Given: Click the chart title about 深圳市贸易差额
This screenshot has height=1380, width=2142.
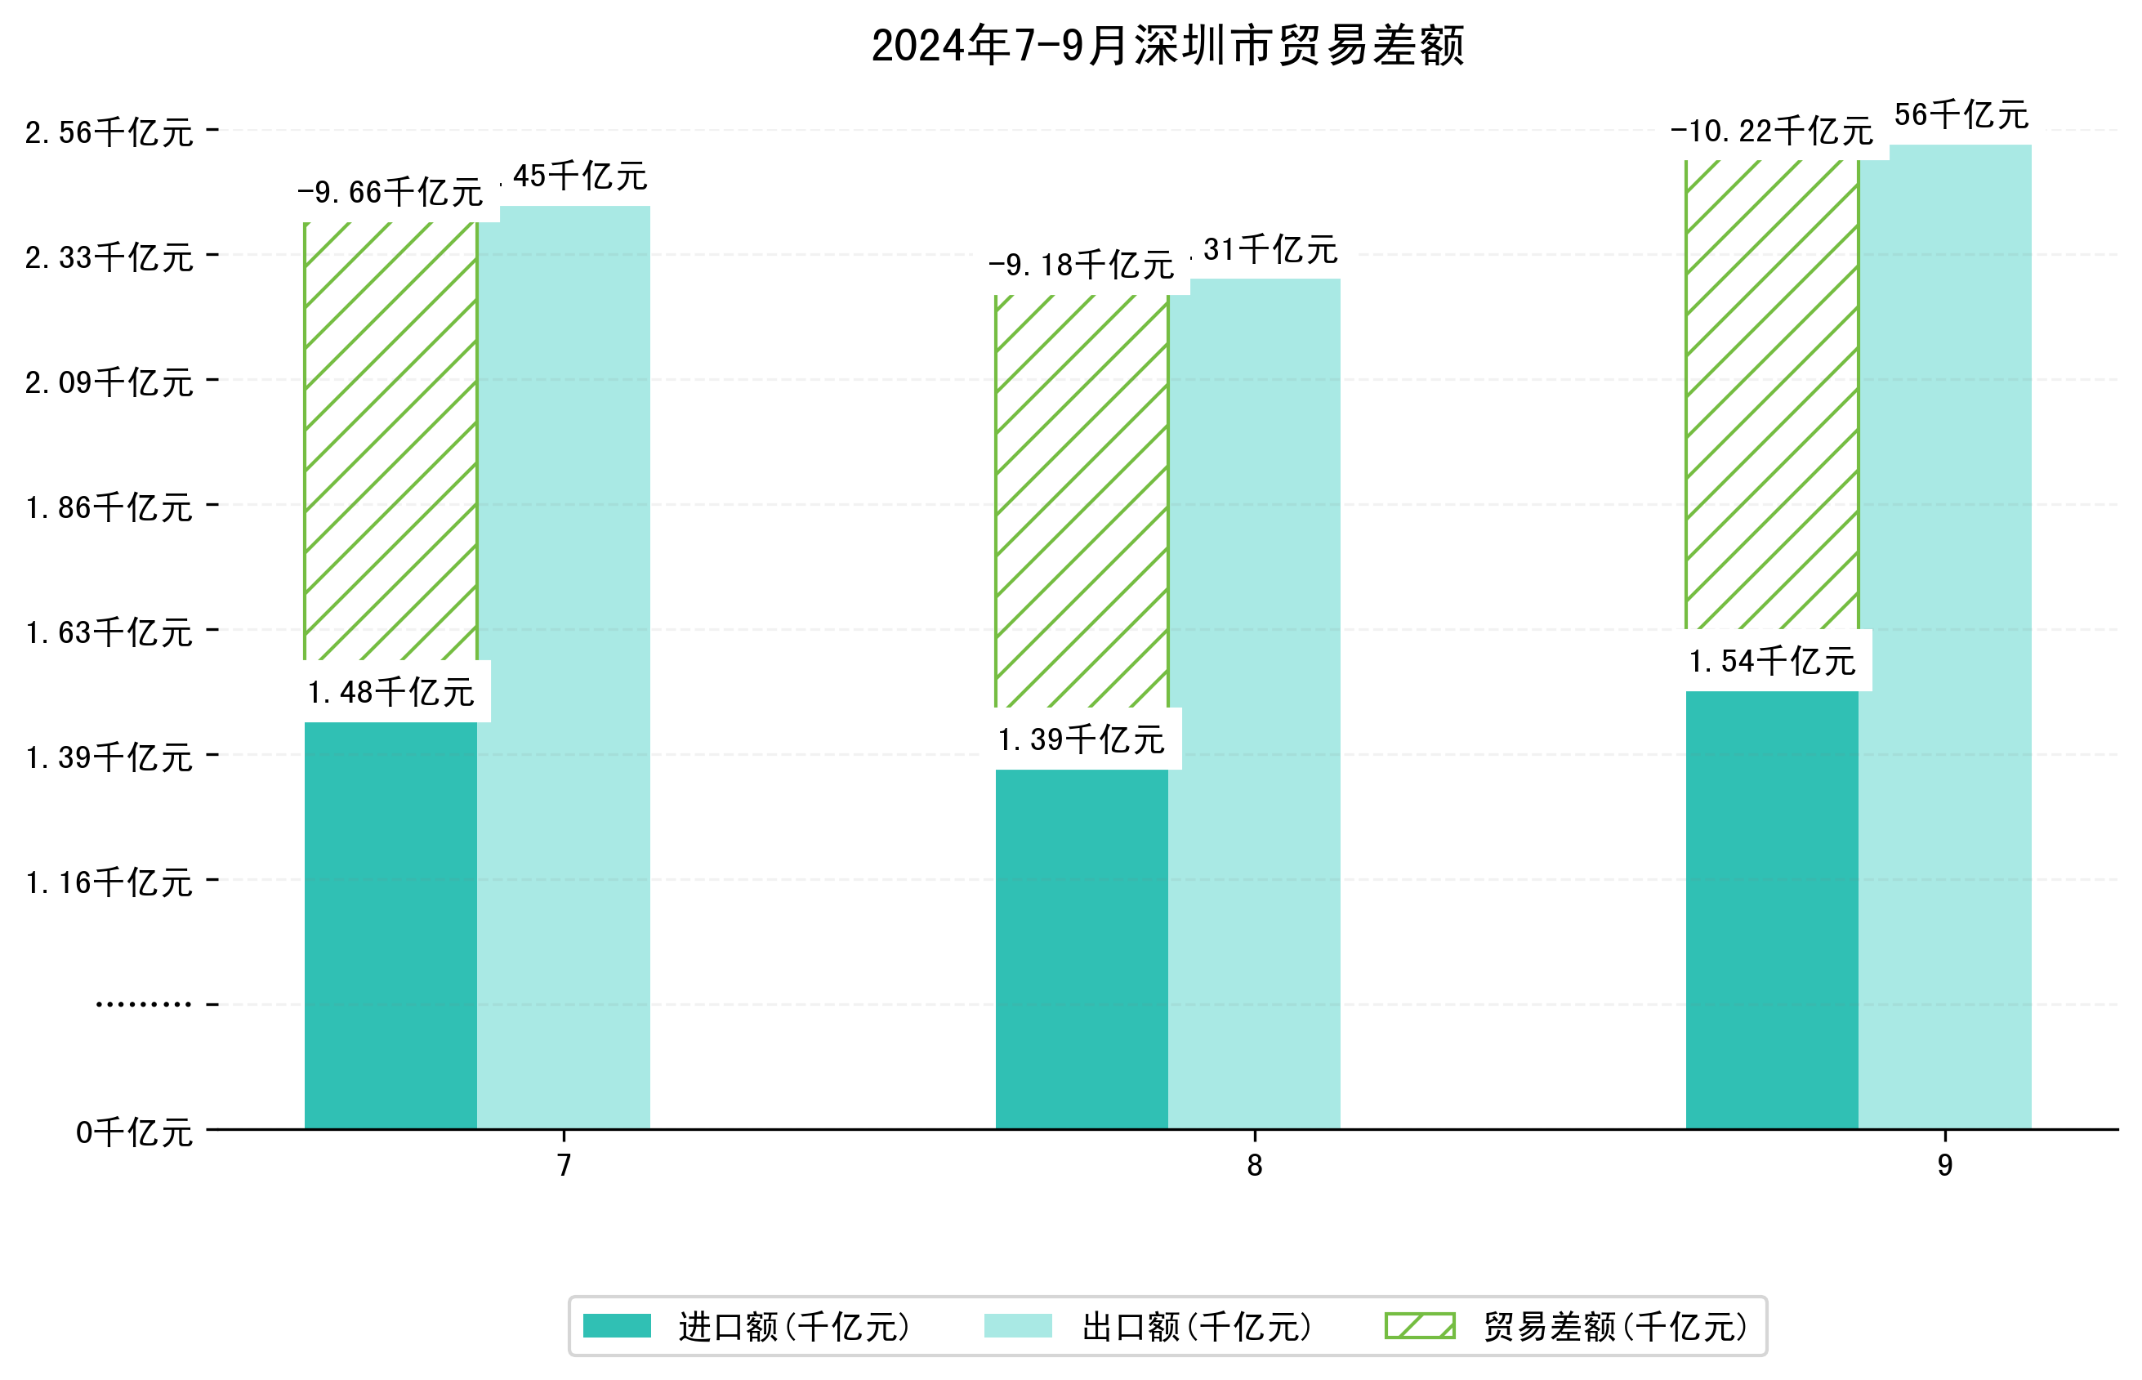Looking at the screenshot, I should point(1167,46).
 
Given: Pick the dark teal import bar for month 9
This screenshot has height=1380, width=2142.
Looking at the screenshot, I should point(1771,909).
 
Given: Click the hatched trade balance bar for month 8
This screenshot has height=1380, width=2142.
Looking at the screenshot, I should point(1082,501).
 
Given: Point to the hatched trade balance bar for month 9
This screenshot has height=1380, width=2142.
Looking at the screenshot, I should point(1771,395).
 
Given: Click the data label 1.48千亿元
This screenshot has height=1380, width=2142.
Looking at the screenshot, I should point(390,692).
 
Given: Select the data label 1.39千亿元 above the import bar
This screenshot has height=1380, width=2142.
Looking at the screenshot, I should point(1082,739).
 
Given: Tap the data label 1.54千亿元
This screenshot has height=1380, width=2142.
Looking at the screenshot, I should point(1771,661).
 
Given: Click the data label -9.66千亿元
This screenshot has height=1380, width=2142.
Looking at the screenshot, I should point(390,192).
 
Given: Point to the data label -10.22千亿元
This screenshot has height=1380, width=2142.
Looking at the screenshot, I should point(1771,131).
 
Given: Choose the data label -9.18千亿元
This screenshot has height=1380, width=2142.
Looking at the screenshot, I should point(1082,265).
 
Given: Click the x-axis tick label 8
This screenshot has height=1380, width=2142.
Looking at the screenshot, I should point(1254,1165).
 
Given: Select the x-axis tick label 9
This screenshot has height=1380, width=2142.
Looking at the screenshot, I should point(1944,1165).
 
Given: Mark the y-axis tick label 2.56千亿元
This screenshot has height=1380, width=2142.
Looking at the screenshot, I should point(109,132).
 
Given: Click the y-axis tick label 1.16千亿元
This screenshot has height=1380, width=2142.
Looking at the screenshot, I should point(109,882).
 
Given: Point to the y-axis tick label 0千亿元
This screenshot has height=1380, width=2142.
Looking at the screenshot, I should point(134,1132).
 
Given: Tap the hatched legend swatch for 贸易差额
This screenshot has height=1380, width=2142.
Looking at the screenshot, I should point(1419,1326).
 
